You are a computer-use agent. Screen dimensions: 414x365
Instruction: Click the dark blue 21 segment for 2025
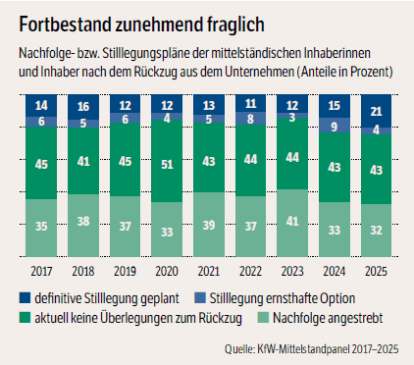pos(376,111)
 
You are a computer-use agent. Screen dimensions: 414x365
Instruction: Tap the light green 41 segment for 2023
pos(292,223)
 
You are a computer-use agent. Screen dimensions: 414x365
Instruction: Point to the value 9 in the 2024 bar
pos(335,127)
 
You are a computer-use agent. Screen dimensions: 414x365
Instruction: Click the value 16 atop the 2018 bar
pos(83,106)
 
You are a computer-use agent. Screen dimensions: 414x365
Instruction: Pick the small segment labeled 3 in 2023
pos(292,116)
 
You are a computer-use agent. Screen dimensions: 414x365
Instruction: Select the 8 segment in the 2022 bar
pos(250,119)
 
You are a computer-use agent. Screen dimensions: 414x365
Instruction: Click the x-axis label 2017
pos(41,271)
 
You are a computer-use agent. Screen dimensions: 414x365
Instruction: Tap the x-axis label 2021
pos(209,271)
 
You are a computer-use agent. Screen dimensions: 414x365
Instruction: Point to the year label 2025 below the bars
pos(376,271)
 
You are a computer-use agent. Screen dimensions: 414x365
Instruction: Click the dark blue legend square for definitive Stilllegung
pos(25,298)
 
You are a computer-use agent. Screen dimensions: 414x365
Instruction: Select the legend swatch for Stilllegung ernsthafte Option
pos(200,298)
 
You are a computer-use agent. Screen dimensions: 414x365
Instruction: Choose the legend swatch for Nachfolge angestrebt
pos(263,318)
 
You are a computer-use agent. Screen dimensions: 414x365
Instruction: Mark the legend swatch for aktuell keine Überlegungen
pos(25,318)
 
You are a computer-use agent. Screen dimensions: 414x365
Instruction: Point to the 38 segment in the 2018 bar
pos(83,226)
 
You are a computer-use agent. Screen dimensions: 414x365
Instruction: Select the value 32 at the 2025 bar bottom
pos(376,231)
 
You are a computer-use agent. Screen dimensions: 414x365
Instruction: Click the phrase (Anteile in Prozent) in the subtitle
pos(344,72)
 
